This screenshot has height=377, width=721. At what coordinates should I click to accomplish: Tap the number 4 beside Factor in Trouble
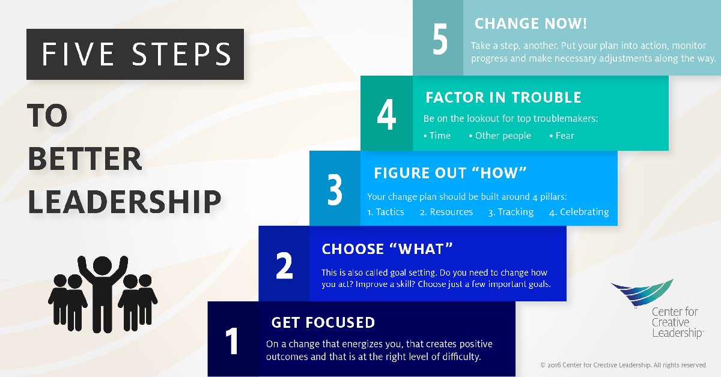click(x=386, y=115)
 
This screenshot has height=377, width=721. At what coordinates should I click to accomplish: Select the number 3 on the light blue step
click(x=335, y=190)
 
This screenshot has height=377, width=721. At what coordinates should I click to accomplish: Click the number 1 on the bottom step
click(x=232, y=340)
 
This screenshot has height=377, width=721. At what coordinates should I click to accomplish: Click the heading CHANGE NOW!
click(x=531, y=25)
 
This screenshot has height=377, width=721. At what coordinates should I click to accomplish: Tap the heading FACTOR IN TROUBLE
click(x=503, y=98)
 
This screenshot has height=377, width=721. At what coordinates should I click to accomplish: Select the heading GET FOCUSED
click(x=323, y=323)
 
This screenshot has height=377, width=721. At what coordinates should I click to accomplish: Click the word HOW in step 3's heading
click(x=507, y=173)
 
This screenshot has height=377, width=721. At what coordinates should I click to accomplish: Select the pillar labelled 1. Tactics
click(x=386, y=212)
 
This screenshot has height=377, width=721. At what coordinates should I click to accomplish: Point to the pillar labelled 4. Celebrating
click(x=579, y=212)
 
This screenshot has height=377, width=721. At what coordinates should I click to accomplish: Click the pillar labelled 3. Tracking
click(x=511, y=212)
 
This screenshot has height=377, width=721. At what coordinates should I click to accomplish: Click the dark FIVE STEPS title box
click(x=135, y=54)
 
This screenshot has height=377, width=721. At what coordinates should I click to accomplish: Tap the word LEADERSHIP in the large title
click(x=124, y=202)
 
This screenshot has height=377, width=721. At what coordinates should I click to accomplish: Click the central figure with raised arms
click(x=103, y=288)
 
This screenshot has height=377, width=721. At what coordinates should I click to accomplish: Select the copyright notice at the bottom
click(x=622, y=365)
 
